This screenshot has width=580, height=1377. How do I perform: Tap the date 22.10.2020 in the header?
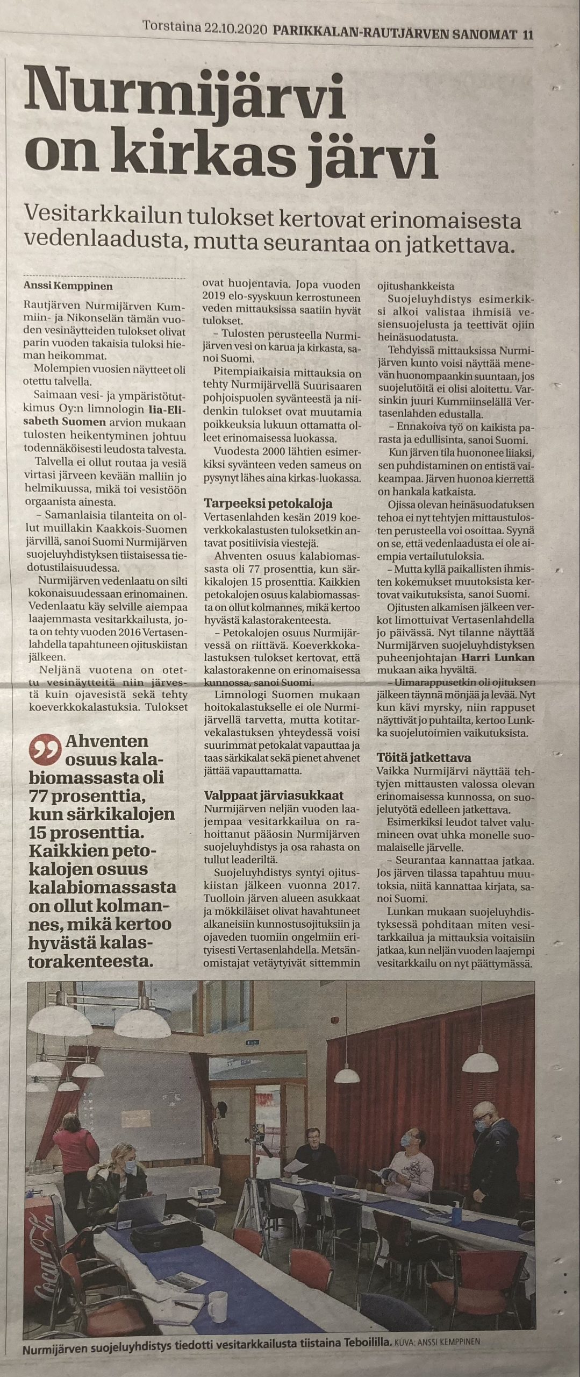(x=235, y=19)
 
